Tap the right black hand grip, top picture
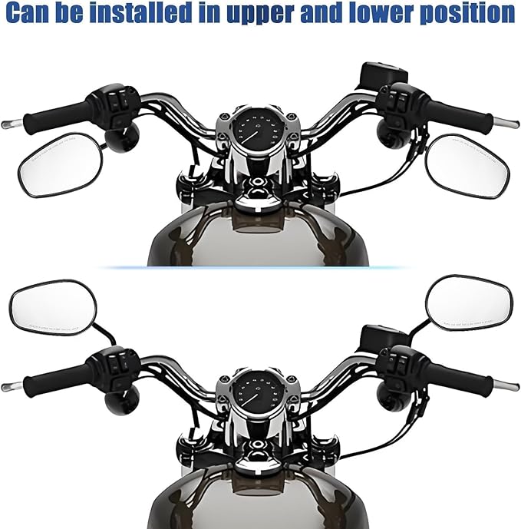pos(460,114)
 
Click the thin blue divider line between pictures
pos(260,267)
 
